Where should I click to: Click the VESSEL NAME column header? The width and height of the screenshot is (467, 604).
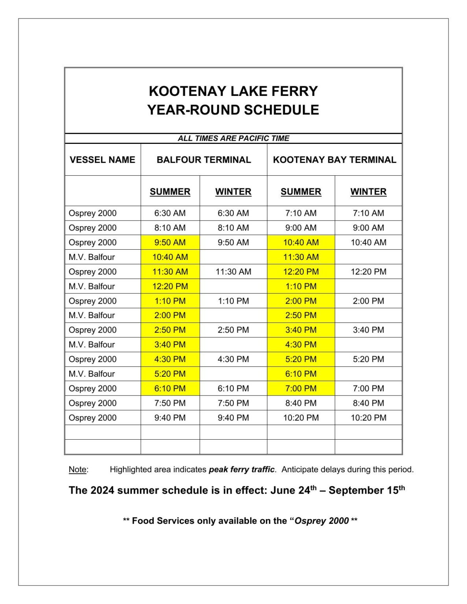tap(102, 160)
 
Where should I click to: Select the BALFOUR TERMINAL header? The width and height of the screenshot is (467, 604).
tap(203, 160)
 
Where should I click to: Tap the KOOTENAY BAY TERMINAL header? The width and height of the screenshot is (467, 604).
tap(334, 160)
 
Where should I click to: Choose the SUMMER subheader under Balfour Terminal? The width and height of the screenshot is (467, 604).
tap(170, 192)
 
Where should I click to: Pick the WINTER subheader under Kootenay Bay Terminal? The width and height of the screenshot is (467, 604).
tap(368, 192)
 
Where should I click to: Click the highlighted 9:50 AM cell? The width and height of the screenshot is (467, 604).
tap(170, 242)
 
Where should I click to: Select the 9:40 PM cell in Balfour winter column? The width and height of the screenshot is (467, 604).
tap(233, 418)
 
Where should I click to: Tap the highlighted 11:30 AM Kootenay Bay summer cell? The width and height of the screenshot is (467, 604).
tap(301, 257)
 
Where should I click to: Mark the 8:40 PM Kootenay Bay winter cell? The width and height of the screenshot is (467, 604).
tap(368, 403)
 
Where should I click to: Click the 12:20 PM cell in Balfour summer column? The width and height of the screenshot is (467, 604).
tap(170, 286)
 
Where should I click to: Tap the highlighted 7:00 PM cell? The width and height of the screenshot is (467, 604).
tap(301, 389)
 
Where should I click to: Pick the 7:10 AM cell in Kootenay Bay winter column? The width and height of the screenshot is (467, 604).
tap(368, 213)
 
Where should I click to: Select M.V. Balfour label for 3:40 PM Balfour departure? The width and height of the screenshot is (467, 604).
tap(92, 344)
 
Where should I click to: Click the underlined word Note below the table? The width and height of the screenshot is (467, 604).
tap(78, 470)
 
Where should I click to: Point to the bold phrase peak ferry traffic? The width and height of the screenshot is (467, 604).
tap(242, 470)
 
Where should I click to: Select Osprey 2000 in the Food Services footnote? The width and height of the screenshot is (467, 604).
tap(321, 521)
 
